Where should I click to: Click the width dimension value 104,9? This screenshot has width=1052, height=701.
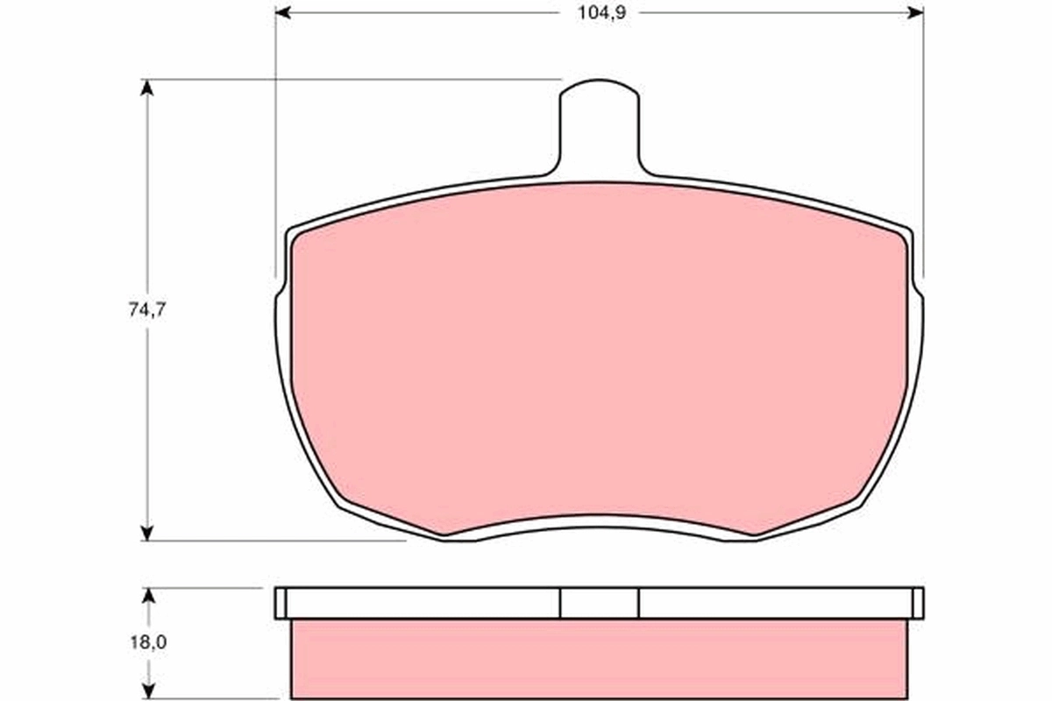tap(600, 12)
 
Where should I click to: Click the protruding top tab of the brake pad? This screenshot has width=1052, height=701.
tap(600, 123)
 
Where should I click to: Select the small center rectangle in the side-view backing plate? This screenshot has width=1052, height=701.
tap(600, 603)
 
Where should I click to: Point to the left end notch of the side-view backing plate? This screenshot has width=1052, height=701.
tap(281, 603)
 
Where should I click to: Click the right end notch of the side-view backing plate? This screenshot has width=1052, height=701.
tap(918, 603)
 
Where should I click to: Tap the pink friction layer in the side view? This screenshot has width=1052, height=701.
tap(600, 659)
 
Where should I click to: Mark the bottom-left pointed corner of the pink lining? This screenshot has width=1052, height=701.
tap(444, 534)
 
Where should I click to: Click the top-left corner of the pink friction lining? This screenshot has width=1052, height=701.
tap(295, 237)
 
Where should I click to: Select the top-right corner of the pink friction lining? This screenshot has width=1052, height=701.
tap(903, 237)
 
